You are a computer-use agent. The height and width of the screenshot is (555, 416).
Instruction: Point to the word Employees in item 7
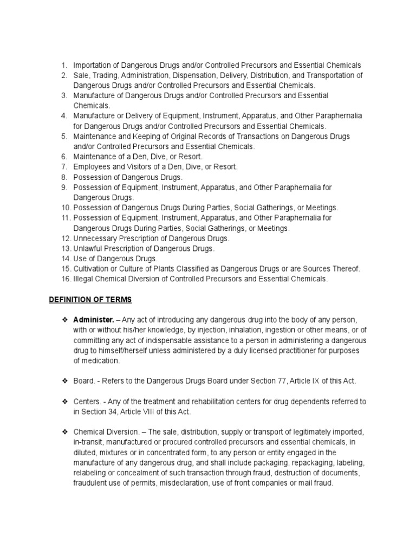pyautogui.click(x=92, y=166)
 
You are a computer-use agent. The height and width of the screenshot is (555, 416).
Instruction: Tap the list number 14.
pyautogui.click(x=65, y=259)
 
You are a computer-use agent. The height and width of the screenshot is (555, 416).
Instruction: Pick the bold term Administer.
pyautogui.click(x=93, y=320)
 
